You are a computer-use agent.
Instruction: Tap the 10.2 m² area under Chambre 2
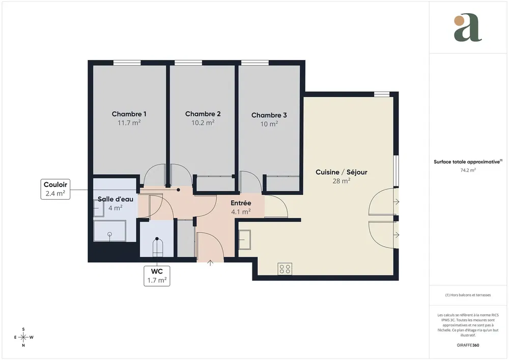[203, 123]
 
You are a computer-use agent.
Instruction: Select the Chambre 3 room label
[269, 115]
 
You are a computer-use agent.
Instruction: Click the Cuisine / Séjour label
[341, 172]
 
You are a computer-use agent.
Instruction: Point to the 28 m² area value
[341, 181]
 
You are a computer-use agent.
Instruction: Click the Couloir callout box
[55, 189]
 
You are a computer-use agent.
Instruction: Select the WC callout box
[156, 275]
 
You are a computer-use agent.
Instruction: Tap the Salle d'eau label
[116, 199]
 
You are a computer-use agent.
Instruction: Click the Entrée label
[241, 203]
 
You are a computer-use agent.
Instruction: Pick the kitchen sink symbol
[245, 239]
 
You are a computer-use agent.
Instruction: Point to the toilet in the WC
[158, 247]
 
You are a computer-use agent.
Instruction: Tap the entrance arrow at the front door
[211, 262]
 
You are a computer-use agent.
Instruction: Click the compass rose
[23, 337]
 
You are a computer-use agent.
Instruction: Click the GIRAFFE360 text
[468, 345]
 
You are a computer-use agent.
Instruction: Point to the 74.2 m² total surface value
[468, 170]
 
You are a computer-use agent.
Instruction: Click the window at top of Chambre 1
[127, 63]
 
